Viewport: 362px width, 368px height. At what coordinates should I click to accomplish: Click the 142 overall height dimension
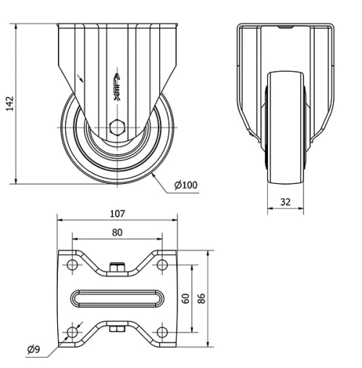pos(9,104)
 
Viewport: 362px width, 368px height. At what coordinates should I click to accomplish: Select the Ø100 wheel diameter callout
pos(185,185)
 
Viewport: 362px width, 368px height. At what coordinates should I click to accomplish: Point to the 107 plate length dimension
pos(118,213)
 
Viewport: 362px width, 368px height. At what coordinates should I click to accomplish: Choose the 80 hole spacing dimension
pos(117,232)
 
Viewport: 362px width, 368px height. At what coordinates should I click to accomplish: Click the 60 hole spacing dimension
pos(187,298)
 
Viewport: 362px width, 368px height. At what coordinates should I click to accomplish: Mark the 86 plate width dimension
pos(203,298)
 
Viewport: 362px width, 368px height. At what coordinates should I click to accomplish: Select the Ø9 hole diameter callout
pos(33,351)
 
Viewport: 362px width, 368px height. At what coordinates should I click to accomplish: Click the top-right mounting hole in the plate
pos(162,265)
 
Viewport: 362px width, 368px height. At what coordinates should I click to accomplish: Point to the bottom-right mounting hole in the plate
pos(162,333)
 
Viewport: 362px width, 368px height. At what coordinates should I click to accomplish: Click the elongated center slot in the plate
pos(117,298)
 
